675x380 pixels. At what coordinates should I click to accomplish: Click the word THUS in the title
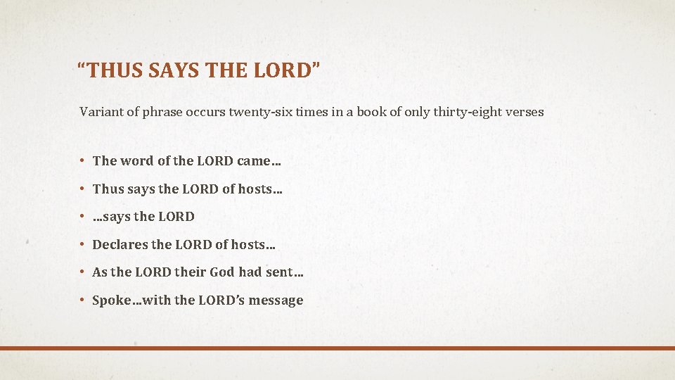click(113, 70)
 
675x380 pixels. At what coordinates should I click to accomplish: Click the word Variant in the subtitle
click(101, 112)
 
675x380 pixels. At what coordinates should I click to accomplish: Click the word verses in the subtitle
click(525, 112)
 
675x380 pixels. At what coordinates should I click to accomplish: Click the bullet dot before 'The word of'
click(82, 160)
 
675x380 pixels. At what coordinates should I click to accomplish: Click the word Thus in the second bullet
click(108, 189)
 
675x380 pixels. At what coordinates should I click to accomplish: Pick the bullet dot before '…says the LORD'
click(82, 217)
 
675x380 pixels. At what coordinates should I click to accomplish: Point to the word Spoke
click(112, 300)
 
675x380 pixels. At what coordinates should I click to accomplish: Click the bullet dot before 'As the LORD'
click(82, 272)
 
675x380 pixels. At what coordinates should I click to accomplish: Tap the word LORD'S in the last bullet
click(219, 300)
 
